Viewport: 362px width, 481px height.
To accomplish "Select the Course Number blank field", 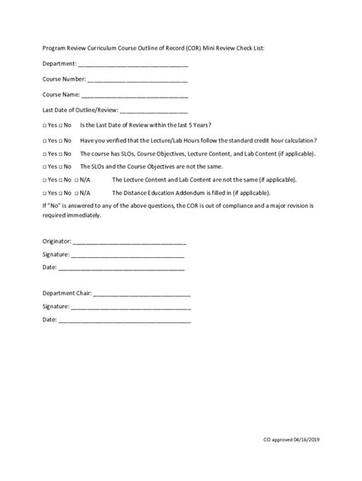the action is coord(138,79).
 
